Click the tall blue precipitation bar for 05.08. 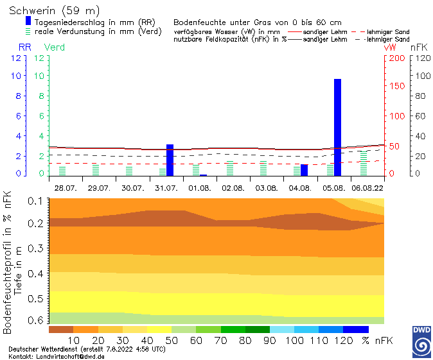(337, 127)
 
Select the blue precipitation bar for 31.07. (170, 160)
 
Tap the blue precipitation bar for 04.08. (304, 170)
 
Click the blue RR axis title (24, 47)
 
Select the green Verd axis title (54, 47)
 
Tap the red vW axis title (389, 47)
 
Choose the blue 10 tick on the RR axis (15, 75)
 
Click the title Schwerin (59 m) (55, 11)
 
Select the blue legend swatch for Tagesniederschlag (28, 21)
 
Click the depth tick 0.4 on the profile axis (35, 273)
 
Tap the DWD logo (421, 341)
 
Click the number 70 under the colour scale (220, 339)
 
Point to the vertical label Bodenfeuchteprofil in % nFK (8, 261)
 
